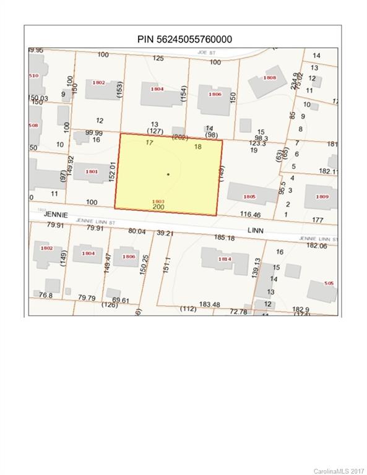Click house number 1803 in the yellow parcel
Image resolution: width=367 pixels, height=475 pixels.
158,202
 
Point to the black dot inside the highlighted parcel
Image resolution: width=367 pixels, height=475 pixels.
168,174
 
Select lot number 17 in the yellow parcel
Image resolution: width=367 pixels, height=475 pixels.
149,143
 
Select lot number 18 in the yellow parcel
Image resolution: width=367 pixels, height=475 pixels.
198,147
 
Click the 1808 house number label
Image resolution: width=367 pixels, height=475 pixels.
270,78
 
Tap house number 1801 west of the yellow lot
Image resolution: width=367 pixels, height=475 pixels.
92,171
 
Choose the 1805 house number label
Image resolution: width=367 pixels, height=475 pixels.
249,196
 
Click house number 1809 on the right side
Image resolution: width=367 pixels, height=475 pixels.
322,196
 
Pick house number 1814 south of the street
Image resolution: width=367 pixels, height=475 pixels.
225,259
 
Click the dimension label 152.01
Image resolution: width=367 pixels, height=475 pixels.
113,171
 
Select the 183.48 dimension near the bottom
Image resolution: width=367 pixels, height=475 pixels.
209,304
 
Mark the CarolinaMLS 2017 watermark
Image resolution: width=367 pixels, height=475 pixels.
339,471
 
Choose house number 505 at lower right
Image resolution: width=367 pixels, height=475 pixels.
329,283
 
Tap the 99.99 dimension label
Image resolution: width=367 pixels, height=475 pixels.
93,132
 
